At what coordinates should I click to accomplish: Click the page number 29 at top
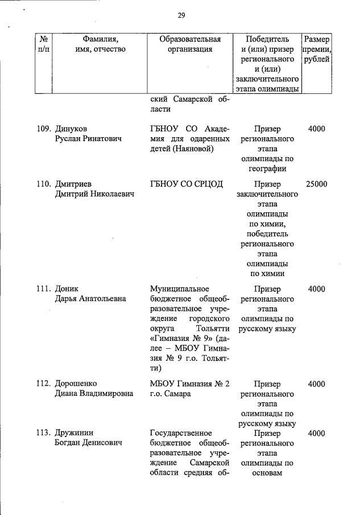click(181, 15)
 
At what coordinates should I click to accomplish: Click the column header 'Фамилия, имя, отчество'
click(100, 44)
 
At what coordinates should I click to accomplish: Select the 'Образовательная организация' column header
click(189, 44)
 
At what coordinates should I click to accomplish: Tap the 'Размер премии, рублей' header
click(316, 50)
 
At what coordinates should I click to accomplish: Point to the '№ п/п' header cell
click(43, 44)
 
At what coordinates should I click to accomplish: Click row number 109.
click(44, 129)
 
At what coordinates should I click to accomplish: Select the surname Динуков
click(71, 129)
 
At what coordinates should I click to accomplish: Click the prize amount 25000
click(316, 184)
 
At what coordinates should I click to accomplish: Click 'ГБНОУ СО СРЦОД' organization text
click(186, 184)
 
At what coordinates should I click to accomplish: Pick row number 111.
click(44, 289)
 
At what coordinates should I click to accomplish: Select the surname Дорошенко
click(78, 384)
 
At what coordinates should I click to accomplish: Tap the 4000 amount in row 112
click(316, 384)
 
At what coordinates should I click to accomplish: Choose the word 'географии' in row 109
click(267, 168)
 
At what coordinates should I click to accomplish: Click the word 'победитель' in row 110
click(267, 234)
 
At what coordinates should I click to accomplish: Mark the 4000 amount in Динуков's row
click(316, 129)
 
